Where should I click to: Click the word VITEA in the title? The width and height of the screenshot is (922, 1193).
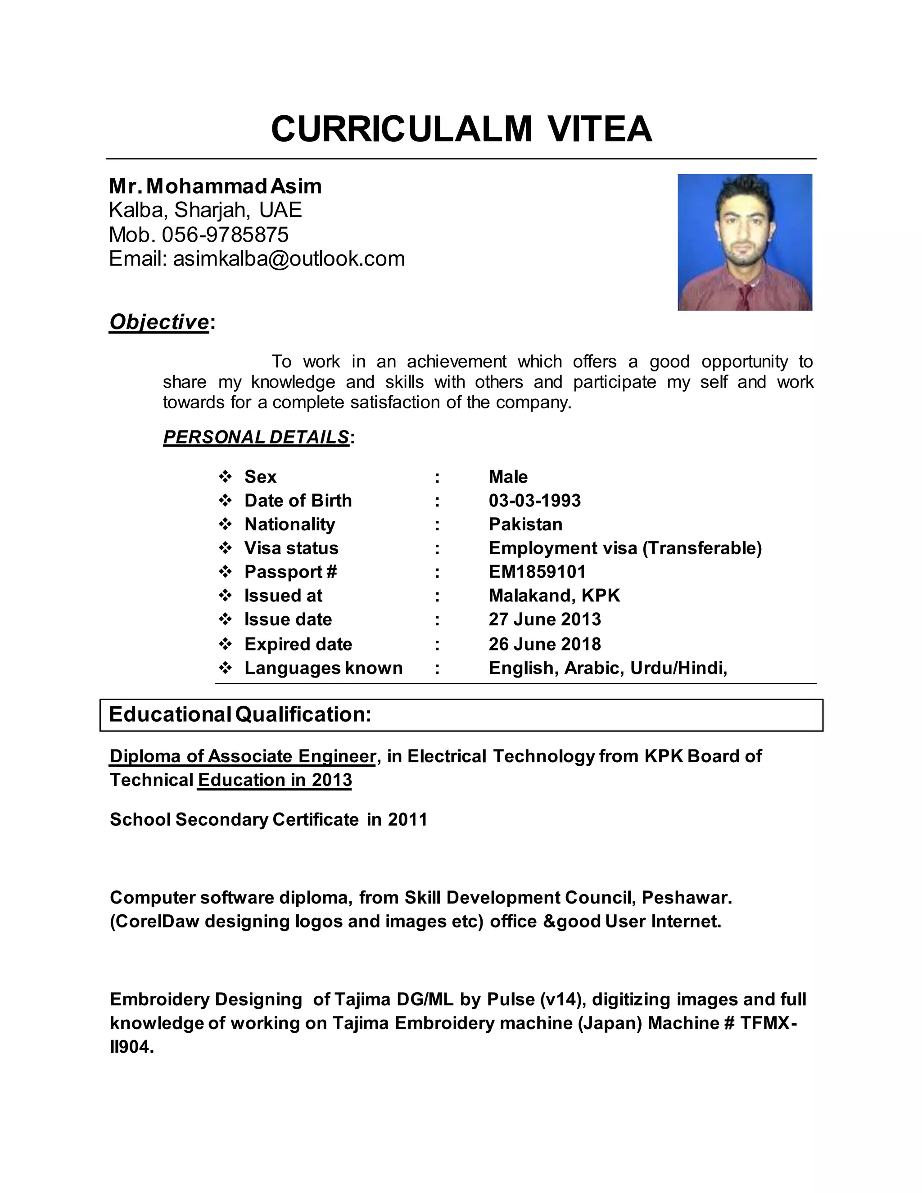(600, 130)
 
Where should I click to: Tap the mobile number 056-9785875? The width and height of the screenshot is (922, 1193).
(225, 235)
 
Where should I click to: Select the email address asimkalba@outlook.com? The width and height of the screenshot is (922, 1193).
(289, 259)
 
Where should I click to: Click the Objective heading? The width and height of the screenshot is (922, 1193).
(159, 322)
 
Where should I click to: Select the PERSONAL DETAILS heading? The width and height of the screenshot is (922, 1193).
(256, 437)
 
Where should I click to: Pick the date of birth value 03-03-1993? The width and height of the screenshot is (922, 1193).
(534, 500)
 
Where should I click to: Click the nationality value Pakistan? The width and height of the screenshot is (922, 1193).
(525, 524)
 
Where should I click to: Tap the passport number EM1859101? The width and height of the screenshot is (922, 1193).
(537, 572)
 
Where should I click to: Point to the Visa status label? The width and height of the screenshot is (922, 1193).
(291, 548)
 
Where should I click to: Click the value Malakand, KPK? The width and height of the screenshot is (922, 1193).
(554, 596)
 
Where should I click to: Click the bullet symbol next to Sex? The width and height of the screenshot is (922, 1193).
(225, 477)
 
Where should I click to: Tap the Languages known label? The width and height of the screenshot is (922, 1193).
(323, 668)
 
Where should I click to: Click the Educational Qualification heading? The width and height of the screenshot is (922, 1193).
(240, 714)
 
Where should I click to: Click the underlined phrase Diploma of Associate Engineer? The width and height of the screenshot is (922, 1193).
(243, 756)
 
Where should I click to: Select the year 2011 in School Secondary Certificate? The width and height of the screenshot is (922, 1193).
(407, 819)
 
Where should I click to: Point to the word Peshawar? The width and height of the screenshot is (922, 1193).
(686, 898)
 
